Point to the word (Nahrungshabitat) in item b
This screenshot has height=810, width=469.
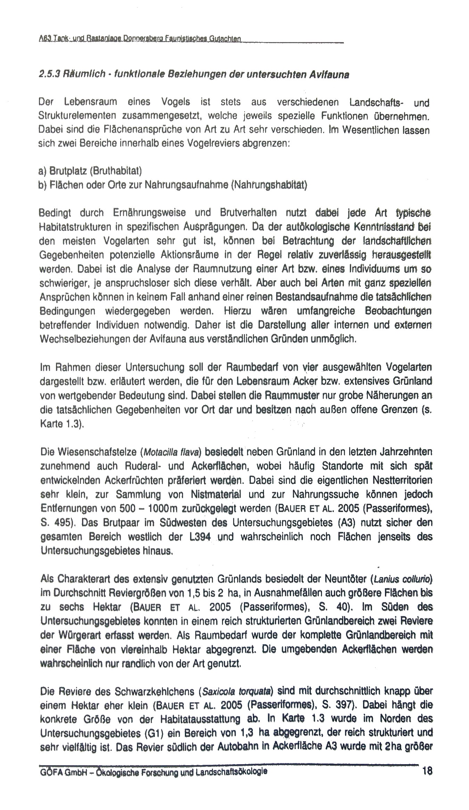[269, 185]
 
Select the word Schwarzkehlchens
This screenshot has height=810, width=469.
[150, 691]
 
